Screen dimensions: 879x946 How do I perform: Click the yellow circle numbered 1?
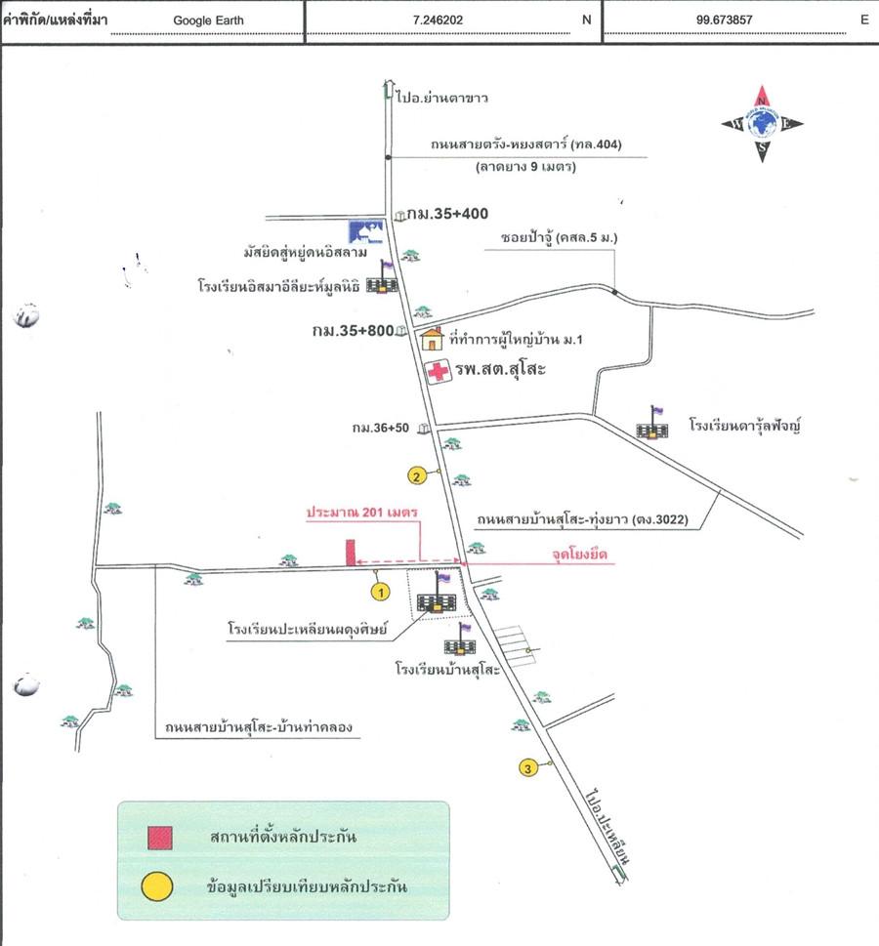point(380,593)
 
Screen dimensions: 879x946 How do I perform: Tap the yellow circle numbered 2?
point(417,476)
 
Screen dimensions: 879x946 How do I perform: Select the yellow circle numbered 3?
point(528,768)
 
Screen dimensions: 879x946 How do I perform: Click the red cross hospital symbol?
point(438,371)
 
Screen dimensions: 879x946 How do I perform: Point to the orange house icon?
point(432,339)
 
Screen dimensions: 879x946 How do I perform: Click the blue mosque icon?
point(366,231)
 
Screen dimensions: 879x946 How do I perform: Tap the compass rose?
point(762,124)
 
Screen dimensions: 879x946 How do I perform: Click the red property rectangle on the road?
point(351,553)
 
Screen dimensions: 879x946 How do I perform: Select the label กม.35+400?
point(447,214)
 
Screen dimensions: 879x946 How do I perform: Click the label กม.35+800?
point(354,330)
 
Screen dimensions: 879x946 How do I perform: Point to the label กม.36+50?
point(380,428)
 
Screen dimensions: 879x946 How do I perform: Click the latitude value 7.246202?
point(438,20)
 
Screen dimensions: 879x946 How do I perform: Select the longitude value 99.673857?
point(724,20)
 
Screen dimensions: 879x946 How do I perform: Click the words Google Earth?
point(208,20)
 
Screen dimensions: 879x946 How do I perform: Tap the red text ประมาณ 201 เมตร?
point(362,513)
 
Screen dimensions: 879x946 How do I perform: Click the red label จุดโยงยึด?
point(579,554)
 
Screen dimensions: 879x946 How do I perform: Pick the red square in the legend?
point(160,838)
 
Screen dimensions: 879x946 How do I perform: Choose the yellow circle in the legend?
point(157,886)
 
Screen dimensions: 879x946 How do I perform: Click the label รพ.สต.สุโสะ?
point(500,369)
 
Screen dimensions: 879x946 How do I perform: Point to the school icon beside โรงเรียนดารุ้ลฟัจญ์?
point(652,423)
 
